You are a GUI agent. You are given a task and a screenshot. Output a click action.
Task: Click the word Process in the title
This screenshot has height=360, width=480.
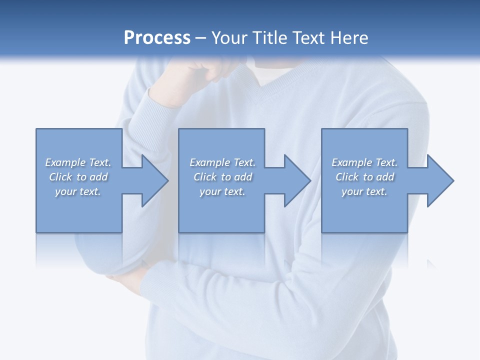click(x=157, y=38)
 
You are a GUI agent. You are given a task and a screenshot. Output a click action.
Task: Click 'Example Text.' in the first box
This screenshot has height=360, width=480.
click(x=78, y=162)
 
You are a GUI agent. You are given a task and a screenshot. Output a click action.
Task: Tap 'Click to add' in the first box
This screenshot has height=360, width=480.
click(x=78, y=177)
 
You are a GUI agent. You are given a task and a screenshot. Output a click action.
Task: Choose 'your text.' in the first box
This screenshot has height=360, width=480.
click(x=78, y=191)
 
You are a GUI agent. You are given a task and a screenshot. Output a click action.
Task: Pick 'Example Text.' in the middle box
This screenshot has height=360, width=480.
click(x=222, y=162)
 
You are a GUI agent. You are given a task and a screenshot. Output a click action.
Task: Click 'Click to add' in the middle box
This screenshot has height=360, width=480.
click(x=222, y=177)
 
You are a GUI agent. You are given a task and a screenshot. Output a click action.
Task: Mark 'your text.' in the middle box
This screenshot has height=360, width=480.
click(x=222, y=191)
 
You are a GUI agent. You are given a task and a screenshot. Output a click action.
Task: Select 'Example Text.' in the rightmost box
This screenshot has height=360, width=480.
click(x=364, y=162)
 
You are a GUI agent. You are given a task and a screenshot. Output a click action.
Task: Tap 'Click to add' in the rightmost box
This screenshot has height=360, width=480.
click(x=364, y=177)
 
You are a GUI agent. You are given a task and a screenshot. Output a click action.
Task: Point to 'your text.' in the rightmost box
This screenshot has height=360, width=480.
click(x=364, y=191)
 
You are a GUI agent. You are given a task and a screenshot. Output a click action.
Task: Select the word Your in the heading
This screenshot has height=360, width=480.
click(x=228, y=38)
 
